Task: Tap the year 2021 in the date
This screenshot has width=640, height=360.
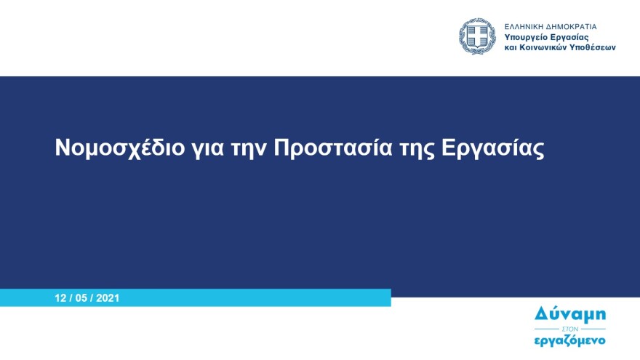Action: point(107,298)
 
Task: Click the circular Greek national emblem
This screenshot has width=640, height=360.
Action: point(477,36)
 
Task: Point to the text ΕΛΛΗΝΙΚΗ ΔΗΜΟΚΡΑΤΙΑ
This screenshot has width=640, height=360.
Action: point(551,25)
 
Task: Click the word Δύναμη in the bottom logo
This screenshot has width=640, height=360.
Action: point(570,313)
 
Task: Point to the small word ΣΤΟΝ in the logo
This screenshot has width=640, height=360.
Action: point(570,327)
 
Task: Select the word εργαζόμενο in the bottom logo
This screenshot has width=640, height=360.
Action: point(570,340)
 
